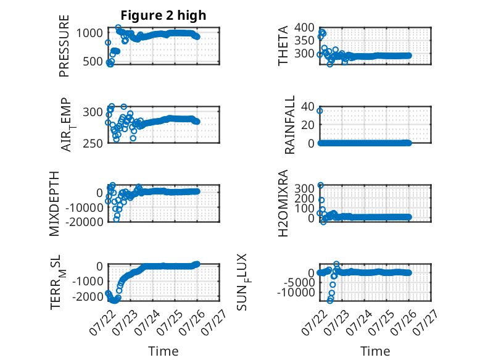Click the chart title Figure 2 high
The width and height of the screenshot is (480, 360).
tap(163, 15)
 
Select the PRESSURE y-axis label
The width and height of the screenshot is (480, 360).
tap(64, 46)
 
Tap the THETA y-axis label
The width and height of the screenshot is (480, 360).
tap(283, 46)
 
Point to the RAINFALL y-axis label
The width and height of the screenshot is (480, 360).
tap(289, 125)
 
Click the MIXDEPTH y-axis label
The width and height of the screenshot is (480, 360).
tap(54, 204)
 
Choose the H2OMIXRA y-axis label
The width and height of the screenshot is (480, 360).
tap(283, 203)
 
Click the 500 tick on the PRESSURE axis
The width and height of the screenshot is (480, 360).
tap(93, 62)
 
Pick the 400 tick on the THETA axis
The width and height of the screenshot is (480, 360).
tap(305, 28)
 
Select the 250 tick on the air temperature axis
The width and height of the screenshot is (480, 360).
tap(93, 143)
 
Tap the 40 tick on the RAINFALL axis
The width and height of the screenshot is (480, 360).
tap(308, 107)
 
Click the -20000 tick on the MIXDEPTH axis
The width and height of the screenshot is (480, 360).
tap(85, 222)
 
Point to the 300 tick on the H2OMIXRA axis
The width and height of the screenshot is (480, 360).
tap(305, 188)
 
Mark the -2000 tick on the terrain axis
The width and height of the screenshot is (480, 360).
tap(88, 296)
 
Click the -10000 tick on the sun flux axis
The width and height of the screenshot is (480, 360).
tap(296, 292)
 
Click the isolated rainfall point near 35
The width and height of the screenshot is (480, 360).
tap(320, 111)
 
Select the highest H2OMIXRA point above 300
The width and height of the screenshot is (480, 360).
tap(320, 185)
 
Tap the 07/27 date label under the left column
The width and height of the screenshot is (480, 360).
tap(215, 322)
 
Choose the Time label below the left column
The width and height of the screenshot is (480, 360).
tap(163, 351)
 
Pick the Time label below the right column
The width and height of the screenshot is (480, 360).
tap(375, 351)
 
